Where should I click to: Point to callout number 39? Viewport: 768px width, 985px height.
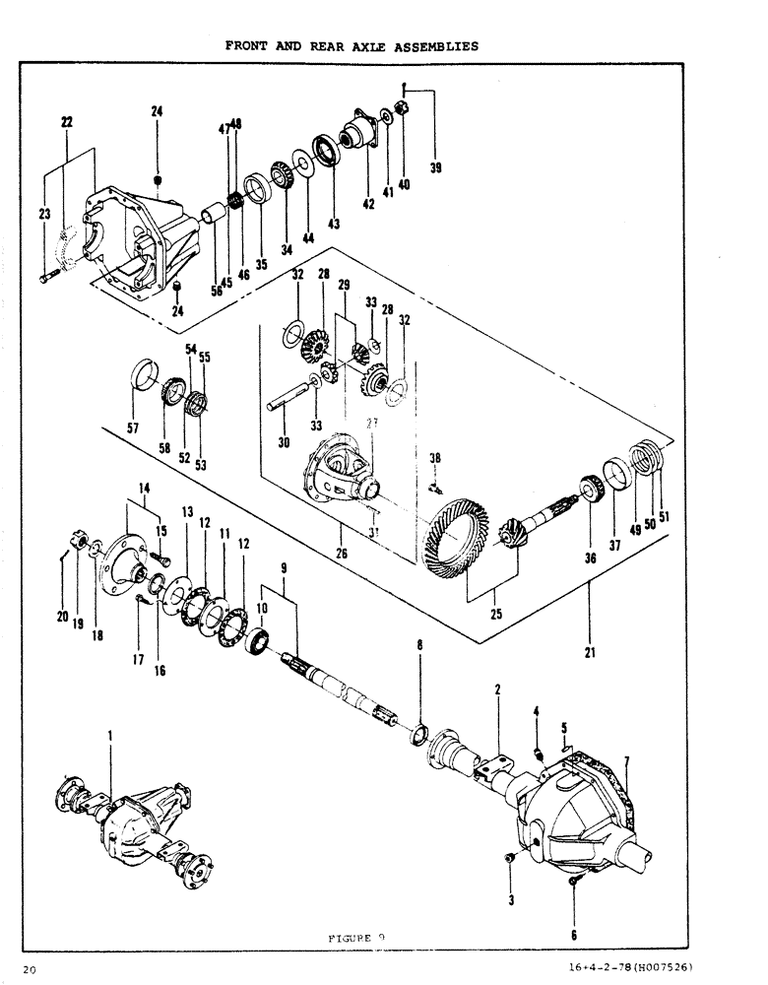pos(435,168)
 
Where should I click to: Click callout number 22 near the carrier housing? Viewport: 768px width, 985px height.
pos(67,122)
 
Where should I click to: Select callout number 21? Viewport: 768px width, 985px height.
pos(589,651)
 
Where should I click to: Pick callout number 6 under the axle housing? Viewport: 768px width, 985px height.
pos(574,934)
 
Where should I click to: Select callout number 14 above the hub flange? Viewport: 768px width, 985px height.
pos(144,488)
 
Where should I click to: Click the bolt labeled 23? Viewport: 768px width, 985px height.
pos(49,280)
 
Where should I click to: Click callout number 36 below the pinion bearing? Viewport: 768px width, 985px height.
pos(591,558)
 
